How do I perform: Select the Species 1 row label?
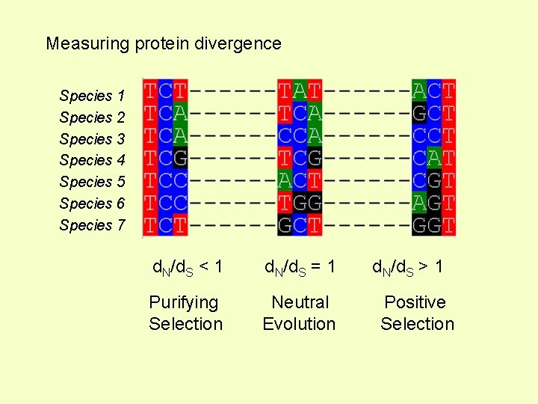pyautogui.click(x=92, y=96)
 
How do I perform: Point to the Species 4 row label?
pyautogui.click(x=92, y=160)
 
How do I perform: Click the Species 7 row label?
pyautogui.click(x=92, y=225)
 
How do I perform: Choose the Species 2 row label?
pyautogui.click(x=92, y=117)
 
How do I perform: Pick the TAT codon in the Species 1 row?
pyautogui.click(x=300, y=92)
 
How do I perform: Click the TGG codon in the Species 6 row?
pyautogui.click(x=300, y=203)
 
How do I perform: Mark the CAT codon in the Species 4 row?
pyautogui.click(x=434, y=159)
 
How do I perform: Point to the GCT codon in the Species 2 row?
pyautogui.click(x=434, y=114)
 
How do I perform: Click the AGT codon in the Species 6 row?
pyautogui.click(x=434, y=203)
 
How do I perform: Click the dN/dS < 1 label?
pyautogui.click(x=188, y=267)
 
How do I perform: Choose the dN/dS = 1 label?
pyautogui.click(x=299, y=267)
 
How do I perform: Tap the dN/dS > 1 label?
pyautogui.click(x=407, y=267)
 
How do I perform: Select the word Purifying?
pyautogui.click(x=184, y=303)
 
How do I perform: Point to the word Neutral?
pyautogui.click(x=300, y=303)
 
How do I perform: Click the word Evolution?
pyautogui.click(x=299, y=324)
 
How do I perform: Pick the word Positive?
pyautogui.click(x=415, y=303)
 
